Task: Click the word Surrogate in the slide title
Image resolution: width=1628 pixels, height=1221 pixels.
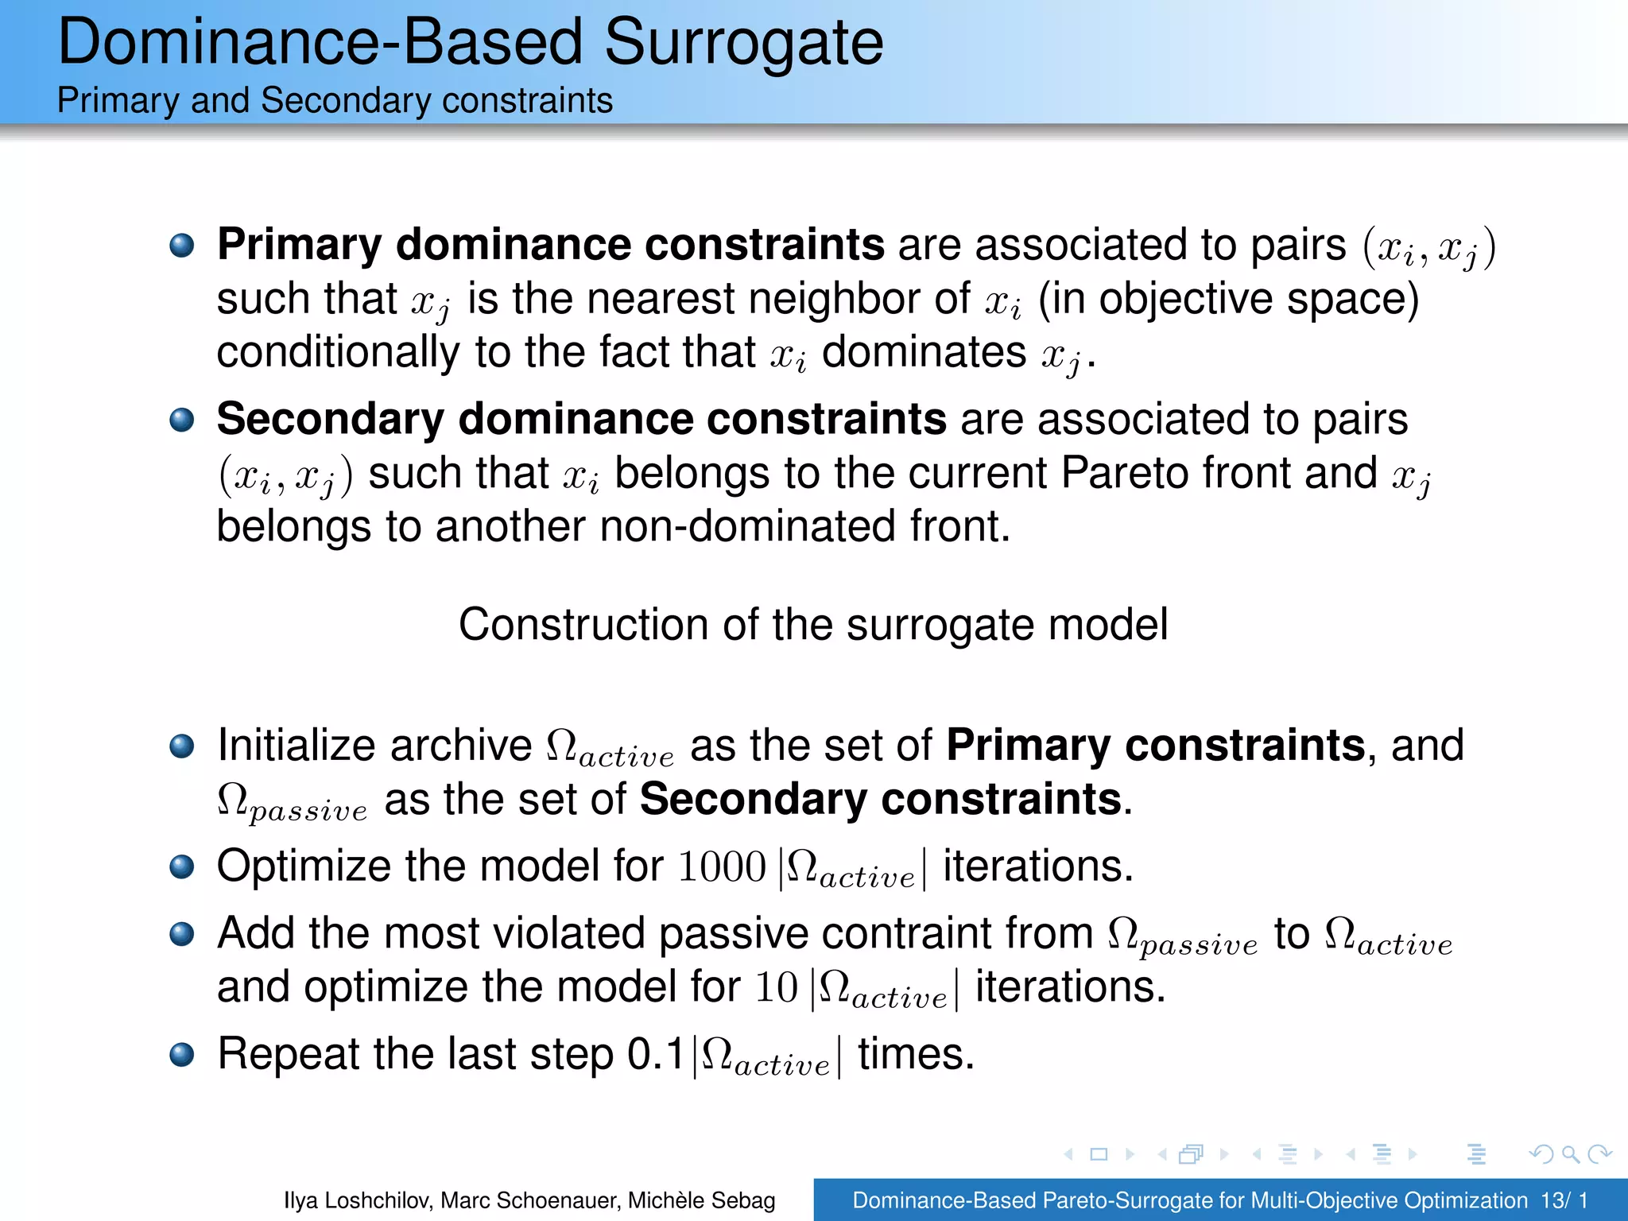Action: tap(743, 44)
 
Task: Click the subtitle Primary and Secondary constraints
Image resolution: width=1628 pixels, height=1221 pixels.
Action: tap(335, 101)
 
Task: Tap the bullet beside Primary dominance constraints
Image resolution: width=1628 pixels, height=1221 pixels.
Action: tap(182, 245)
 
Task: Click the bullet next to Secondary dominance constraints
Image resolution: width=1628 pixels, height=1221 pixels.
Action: tap(182, 420)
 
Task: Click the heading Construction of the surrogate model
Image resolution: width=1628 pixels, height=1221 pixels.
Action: tap(812, 625)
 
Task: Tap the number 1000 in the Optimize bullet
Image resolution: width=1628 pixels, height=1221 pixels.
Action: tap(721, 867)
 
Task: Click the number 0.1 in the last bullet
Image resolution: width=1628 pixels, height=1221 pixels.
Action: tap(656, 1055)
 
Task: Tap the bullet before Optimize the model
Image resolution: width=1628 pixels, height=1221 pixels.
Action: tap(182, 866)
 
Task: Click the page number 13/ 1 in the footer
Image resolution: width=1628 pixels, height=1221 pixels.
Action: tap(1564, 1200)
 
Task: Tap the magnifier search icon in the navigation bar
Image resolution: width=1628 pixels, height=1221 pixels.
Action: tap(1570, 1154)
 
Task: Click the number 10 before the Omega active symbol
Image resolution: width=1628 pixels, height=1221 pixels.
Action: tap(776, 988)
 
